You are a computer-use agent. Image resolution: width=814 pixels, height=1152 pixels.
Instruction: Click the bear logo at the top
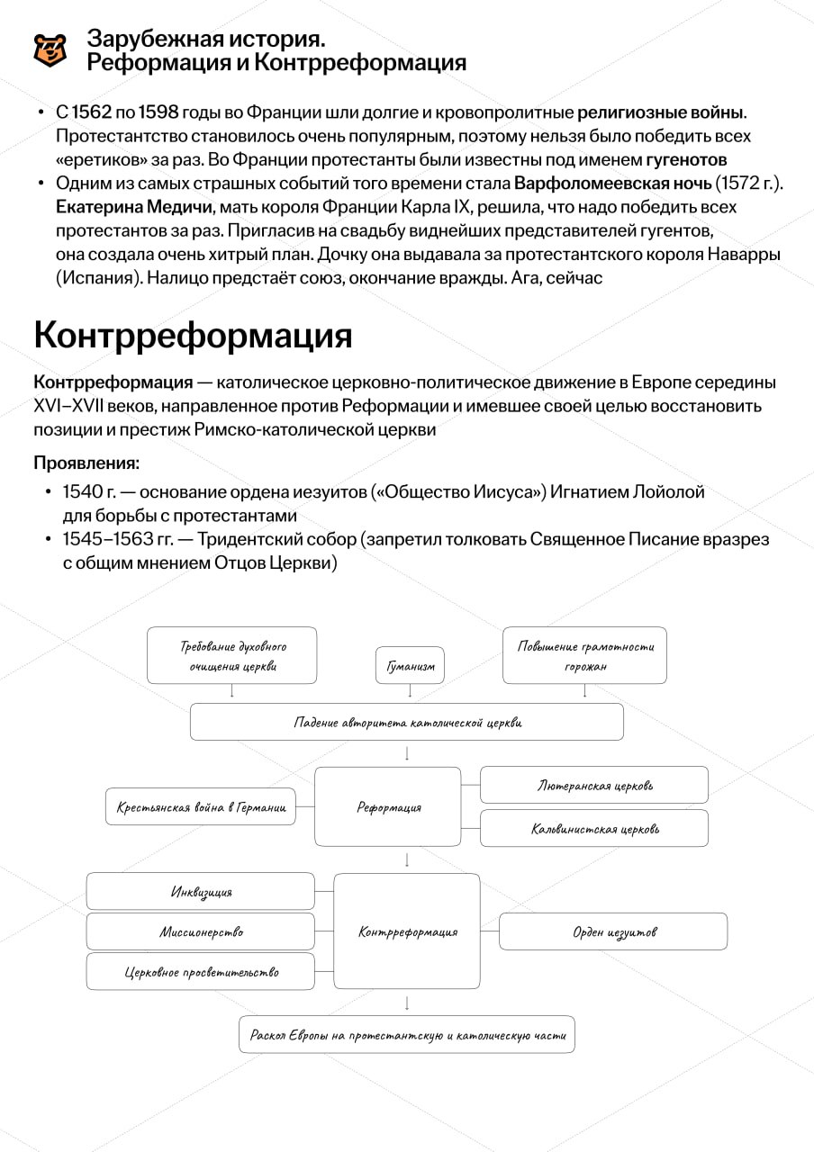pyautogui.click(x=50, y=50)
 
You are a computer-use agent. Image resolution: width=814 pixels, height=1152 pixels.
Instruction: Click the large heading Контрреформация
pyautogui.click(x=193, y=336)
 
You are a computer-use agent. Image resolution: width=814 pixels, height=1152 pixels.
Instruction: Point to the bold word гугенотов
pyautogui.click(x=686, y=160)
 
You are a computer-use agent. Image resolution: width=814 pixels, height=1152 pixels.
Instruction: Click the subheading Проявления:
pyautogui.click(x=86, y=463)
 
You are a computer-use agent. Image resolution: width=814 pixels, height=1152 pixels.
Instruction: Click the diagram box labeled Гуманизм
pyautogui.click(x=411, y=666)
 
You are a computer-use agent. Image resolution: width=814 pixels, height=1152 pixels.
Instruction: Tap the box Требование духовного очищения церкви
pyautogui.click(x=232, y=656)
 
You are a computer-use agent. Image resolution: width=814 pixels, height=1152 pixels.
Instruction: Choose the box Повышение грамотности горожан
pyautogui.click(x=585, y=656)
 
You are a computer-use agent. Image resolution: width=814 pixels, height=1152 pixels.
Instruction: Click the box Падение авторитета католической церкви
pyautogui.click(x=407, y=722)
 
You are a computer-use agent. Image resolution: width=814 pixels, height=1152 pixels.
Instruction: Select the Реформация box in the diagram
pyautogui.click(x=388, y=807)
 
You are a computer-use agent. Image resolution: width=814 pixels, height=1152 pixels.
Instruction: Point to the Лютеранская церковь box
pyautogui.click(x=594, y=785)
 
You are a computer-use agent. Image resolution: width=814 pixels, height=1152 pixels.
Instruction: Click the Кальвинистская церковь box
pyautogui.click(x=594, y=828)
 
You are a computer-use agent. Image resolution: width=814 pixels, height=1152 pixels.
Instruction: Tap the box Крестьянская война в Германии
pyautogui.click(x=201, y=807)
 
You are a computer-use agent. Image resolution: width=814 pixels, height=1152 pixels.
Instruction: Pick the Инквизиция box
pyautogui.click(x=201, y=891)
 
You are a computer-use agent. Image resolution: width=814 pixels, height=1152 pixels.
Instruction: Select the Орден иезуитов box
pyautogui.click(x=614, y=931)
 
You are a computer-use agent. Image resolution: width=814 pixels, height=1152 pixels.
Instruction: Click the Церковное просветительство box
pyautogui.click(x=201, y=972)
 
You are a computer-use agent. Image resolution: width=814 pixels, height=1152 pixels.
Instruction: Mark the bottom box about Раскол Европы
pyautogui.click(x=407, y=1035)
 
